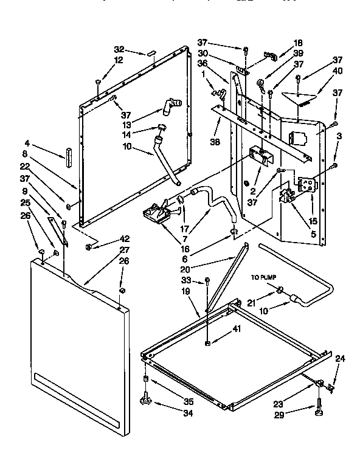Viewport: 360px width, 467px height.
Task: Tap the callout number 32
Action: [x=119, y=49]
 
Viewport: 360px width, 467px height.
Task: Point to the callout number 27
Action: [x=124, y=249]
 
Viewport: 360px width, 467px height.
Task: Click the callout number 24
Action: [x=340, y=359]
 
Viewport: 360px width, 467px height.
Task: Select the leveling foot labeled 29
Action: [x=319, y=413]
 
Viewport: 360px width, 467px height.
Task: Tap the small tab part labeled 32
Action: [x=149, y=54]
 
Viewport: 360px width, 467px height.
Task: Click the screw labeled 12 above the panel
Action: [x=98, y=81]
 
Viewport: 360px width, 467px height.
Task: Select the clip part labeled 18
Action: [x=270, y=56]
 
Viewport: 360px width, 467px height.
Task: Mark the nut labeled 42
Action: [x=89, y=246]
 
